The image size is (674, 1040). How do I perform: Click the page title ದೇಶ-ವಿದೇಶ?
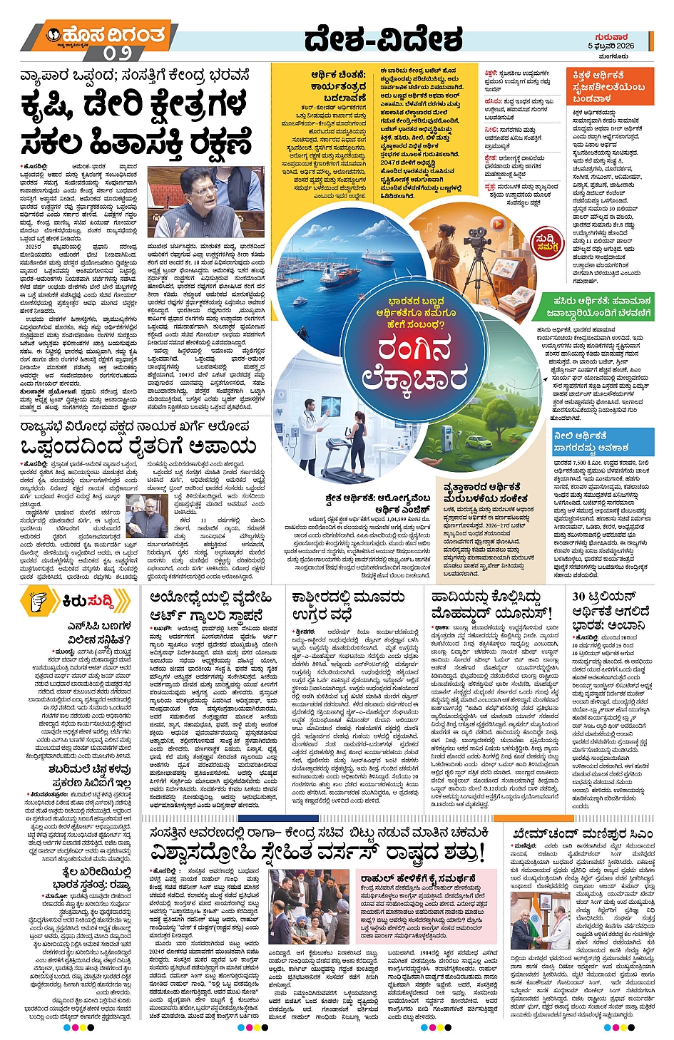click(383, 40)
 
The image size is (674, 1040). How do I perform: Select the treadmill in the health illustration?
click(342, 456)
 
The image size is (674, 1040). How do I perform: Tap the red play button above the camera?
click(498, 223)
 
